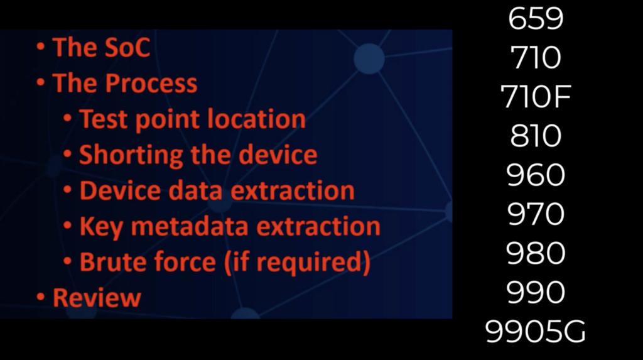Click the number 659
(x=536, y=19)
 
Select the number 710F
(x=536, y=97)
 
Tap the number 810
(x=536, y=136)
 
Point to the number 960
(x=536, y=175)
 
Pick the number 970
(x=536, y=214)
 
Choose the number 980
(x=536, y=253)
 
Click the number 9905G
(x=536, y=332)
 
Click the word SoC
(x=127, y=47)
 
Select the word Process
(x=151, y=84)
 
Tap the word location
(x=256, y=119)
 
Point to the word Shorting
(x=131, y=155)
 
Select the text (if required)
(x=298, y=263)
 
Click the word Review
(x=97, y=298)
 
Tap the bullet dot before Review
(x=41, y=297)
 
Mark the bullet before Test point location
(x=68, y=118)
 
